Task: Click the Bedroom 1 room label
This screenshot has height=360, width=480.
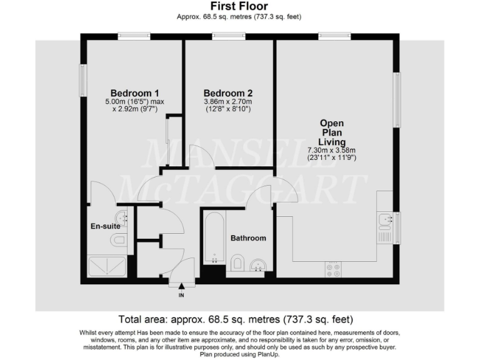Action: pos(134,93)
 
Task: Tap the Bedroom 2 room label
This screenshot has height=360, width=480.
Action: pos(227,93)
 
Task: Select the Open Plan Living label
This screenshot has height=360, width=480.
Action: pos(331,132)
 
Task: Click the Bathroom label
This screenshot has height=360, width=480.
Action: pos(248,238)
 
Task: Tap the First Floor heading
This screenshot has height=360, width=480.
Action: pos(239,7)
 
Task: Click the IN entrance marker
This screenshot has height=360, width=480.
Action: pos(181,295)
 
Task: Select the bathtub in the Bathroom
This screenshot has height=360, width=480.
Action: pos(213,241)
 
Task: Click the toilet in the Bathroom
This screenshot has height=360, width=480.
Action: pos(237,263)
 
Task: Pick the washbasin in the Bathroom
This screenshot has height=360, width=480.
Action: pos(259,266)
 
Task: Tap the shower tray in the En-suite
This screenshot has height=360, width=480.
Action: pos(109,267)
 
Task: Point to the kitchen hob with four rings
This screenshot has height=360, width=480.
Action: pos(334,269)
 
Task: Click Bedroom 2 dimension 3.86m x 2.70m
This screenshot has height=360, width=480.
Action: pos(227,101)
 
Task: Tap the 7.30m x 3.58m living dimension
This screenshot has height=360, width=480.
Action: pos(331,150)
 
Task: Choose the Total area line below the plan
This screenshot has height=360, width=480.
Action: pos(239,319)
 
